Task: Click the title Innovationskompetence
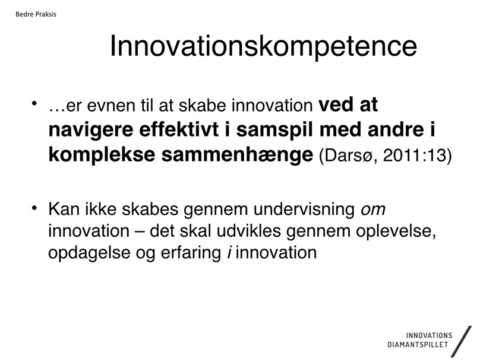pyautogui.click(x=263, y=47)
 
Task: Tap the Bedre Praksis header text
pyautogui.click(x=36, y=14)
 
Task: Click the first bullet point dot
pyautogui.click(x=34, y=103)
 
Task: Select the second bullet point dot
pyautogui.click(x=34, y=208)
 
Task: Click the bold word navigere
pyautogui.click(x=90, y=131)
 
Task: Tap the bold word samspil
pyautogui.click(x=274, y=131)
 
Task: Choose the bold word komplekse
pyautogui.click(x=102, y=155)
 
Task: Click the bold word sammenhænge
pyautogui.click(x=237, y=155)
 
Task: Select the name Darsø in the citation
pyautogui.click(x=348, y=155)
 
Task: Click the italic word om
pyautogui.click(x=373, y=210)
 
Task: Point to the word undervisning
pyautogui.click(x=304, y=209)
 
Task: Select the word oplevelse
pyautogui.click(x=396, y=231)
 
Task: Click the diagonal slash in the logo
pyautogui.click(x=461, y=341)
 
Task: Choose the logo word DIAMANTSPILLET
pyautogui.click(x=418, y=344)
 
